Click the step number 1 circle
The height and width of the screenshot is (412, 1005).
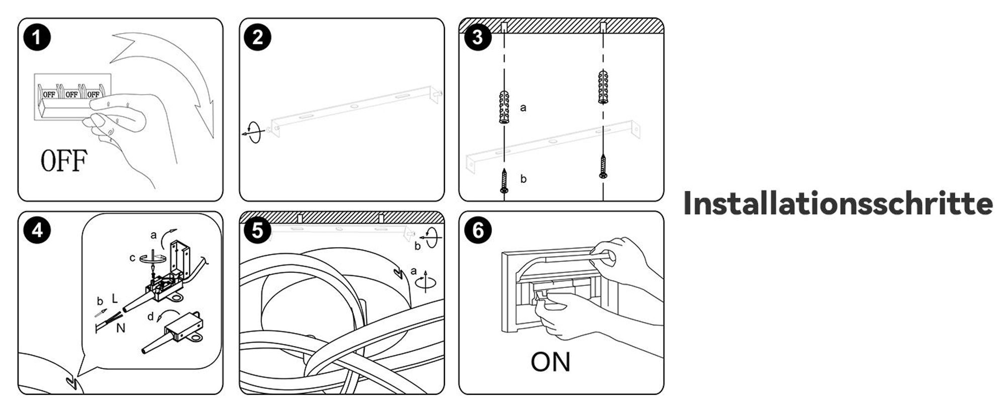tap(37, 37)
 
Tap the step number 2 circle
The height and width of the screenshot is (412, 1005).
tap(258, 37)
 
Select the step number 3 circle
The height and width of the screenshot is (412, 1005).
tap(478, 37)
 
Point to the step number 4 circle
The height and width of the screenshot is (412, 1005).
tap(37, 231)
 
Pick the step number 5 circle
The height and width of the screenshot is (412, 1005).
tap(258, 231)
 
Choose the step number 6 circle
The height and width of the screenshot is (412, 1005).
tap(478, 231)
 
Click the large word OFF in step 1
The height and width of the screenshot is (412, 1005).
tap(64, 160)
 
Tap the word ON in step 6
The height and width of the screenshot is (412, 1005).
tap(550, 362)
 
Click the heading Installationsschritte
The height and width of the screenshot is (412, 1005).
tap(838, 203)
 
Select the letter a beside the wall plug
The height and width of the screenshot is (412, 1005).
tap(523, 108)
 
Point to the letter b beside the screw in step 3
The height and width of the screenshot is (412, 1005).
tap(523, 179)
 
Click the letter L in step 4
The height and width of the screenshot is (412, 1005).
tap(115, 298)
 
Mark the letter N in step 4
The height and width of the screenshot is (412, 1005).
tap(121, 328)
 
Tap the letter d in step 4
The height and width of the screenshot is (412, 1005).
tap(150, 317)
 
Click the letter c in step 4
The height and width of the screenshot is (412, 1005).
tap(132, 258)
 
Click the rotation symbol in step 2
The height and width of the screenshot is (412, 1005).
tap(255, 132)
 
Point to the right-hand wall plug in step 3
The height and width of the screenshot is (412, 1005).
tap(604, 87)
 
